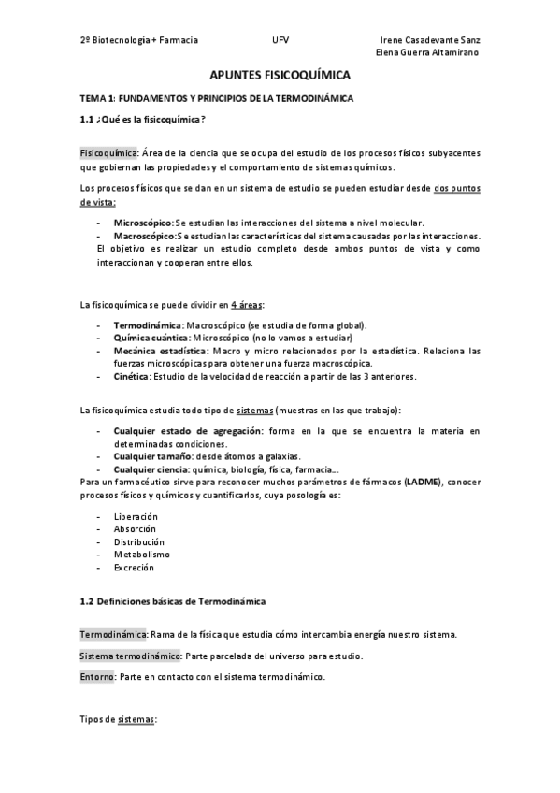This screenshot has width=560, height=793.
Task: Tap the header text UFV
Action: click(280, 40)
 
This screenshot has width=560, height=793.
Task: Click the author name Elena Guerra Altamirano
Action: click(426, 52)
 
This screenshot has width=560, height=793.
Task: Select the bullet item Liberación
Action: click(136, 516)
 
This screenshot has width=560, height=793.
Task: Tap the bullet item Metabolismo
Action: click(141, 554)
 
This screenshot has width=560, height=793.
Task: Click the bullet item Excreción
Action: click(134, 567)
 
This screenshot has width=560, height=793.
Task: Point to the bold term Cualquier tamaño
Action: click(148, 455)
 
